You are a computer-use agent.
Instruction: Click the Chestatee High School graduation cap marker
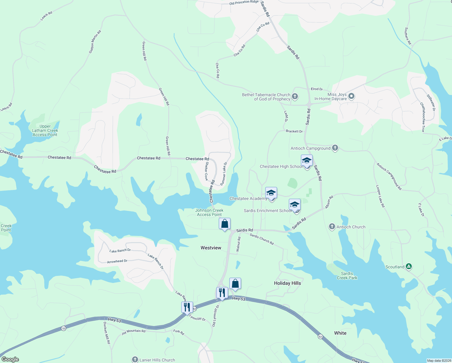(307, 161)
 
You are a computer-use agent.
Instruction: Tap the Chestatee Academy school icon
(271, 193)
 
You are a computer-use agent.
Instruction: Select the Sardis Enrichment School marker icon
(295, 205)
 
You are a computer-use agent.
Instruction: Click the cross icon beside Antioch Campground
(335, 148)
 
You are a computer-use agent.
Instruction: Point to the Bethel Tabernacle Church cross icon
(295, 96)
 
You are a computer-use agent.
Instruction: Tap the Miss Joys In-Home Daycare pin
(351, 96)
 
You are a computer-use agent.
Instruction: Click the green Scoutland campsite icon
(408, 267)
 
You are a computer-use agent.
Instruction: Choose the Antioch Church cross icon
(332, 227)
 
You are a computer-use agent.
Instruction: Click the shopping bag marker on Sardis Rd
(224, 224)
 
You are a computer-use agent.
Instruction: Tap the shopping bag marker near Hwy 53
(235, 284)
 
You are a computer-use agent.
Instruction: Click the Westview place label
(211, 248)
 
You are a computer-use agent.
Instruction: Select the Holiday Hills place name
(287, 283)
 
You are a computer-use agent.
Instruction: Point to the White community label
(340, 333)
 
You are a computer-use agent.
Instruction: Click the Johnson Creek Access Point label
(209, 212)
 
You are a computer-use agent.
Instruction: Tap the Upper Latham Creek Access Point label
(45, 131)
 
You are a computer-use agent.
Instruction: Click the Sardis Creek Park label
(347, 276)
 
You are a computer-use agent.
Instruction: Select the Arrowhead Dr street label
(117, 261)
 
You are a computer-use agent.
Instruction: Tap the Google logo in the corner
(10, 359)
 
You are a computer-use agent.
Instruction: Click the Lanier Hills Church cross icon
(135, 360)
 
